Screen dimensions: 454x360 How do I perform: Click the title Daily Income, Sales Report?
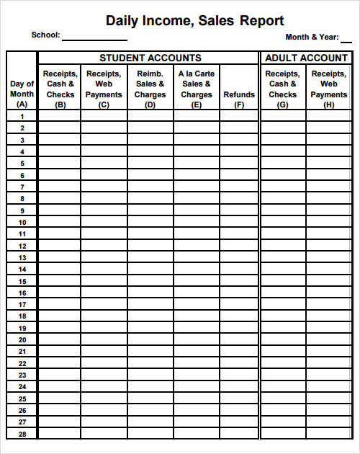(x=194, y=21)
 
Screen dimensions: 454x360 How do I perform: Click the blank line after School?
(x=94, y=36)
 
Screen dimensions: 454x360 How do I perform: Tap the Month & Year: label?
(x=312, y=37)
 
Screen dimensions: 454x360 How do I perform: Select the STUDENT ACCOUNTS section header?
(x=150, y=58)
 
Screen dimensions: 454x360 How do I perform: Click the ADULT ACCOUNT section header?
(x=306, y=58)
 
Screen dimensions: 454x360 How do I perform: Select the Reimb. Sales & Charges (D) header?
(x=150, y=89)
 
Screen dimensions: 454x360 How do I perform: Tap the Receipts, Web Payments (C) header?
(x=104, y=89)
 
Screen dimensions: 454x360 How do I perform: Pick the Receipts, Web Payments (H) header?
(x=328, y=89)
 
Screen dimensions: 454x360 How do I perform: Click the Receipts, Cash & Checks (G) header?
(x=282, y=89)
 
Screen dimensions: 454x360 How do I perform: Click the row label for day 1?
(x=22, y=116)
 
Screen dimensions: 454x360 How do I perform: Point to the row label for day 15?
(x=22, y=281)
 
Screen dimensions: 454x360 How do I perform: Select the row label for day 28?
(x=22, y=434)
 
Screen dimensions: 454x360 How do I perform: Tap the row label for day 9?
(x=22, y=210)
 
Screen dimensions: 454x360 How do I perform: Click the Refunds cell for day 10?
(x=239, y=222)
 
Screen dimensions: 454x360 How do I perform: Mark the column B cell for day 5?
(x=59, y=164)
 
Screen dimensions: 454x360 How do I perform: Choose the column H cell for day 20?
(x=328, y=339)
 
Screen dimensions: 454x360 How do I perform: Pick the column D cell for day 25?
(x=150, y=399)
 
